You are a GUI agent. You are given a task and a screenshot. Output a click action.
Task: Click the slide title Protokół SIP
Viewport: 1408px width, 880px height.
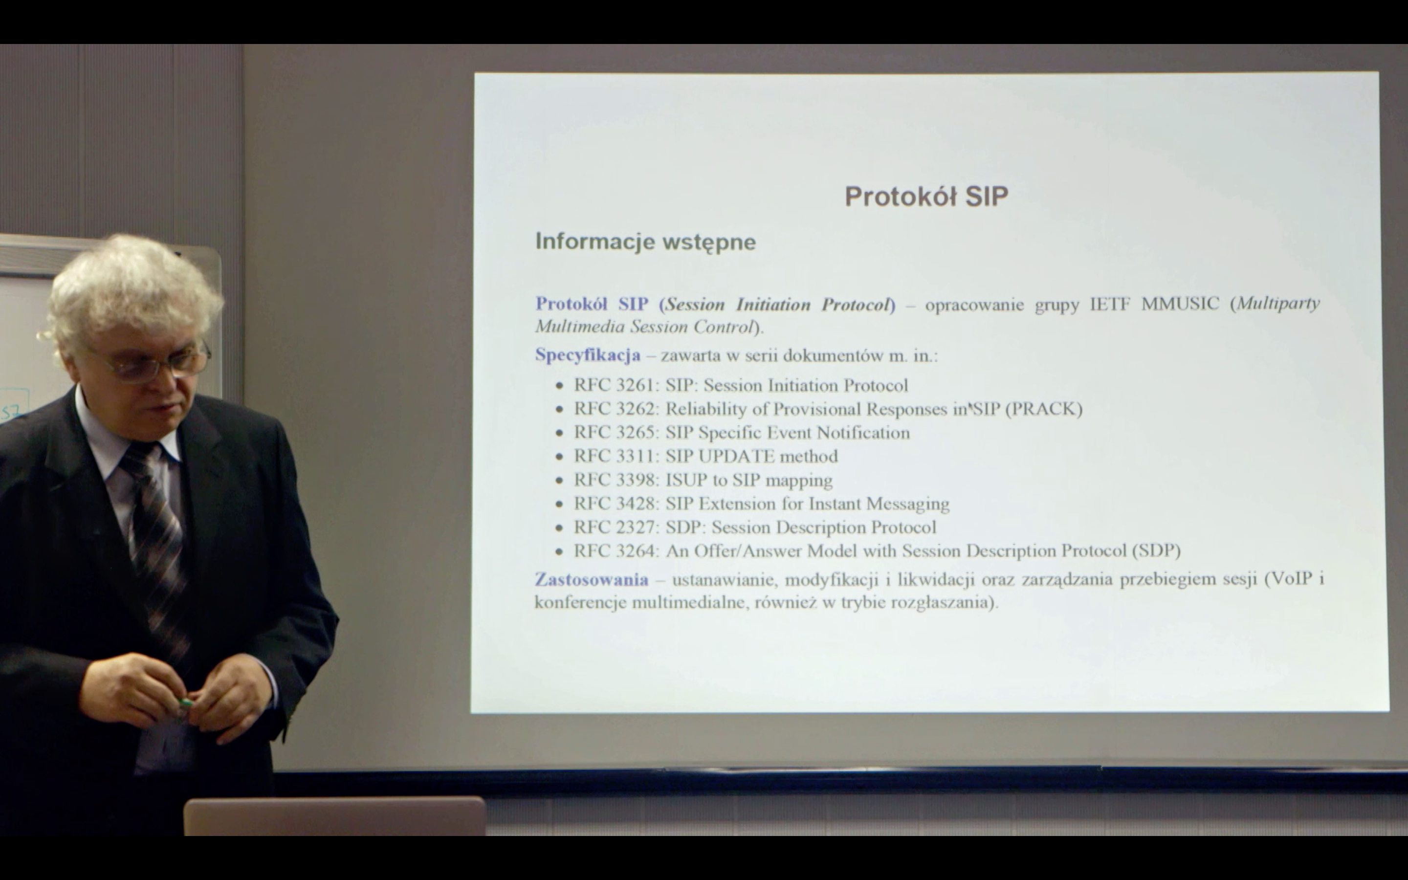click(926, 196)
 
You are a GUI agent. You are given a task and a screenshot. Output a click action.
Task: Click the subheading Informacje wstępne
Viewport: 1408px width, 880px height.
click(645, 242)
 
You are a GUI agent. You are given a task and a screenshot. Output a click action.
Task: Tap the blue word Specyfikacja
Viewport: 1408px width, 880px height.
click(588, 355)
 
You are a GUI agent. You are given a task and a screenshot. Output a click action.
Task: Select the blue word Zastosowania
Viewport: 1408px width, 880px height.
click(591, 579)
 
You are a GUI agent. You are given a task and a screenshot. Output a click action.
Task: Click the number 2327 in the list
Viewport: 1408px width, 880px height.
click(637, 528)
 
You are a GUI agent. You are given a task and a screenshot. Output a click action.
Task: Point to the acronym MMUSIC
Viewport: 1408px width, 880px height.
click(1180, 304)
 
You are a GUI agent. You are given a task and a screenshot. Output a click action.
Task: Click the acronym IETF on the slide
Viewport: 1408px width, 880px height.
click(1109, 304)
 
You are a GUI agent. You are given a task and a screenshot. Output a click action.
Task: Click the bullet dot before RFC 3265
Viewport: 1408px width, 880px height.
click(559, 434)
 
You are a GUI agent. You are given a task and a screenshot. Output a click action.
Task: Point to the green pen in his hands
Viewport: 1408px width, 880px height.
click(185, 703)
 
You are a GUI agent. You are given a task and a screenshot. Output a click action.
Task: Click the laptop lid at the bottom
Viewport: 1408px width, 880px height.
click(334, 816)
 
